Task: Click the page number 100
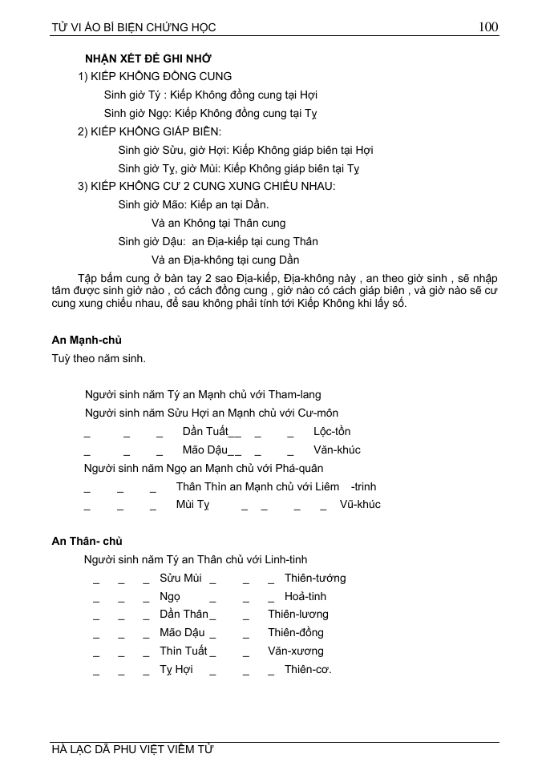(488, 26)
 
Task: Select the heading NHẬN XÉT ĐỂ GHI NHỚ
(148, 58)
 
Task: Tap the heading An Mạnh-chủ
(87, 340)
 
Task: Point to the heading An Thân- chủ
(87, 541)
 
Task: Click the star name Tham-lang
(294, 394)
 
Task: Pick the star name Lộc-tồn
(332, 431)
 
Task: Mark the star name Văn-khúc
(337, 449)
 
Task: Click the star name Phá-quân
(298, 468)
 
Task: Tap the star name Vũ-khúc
(360, 504)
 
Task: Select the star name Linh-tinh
(284, 559)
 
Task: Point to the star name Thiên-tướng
(315, 578)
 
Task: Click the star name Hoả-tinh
(305, 596)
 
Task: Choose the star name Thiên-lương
(298, 614)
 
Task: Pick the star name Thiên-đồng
(296, 632)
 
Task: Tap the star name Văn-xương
(296, 651)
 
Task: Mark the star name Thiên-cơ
(308, 669)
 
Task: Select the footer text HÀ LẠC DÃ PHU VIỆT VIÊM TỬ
(132, 750)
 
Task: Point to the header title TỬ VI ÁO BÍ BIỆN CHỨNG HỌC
(134, 27)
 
